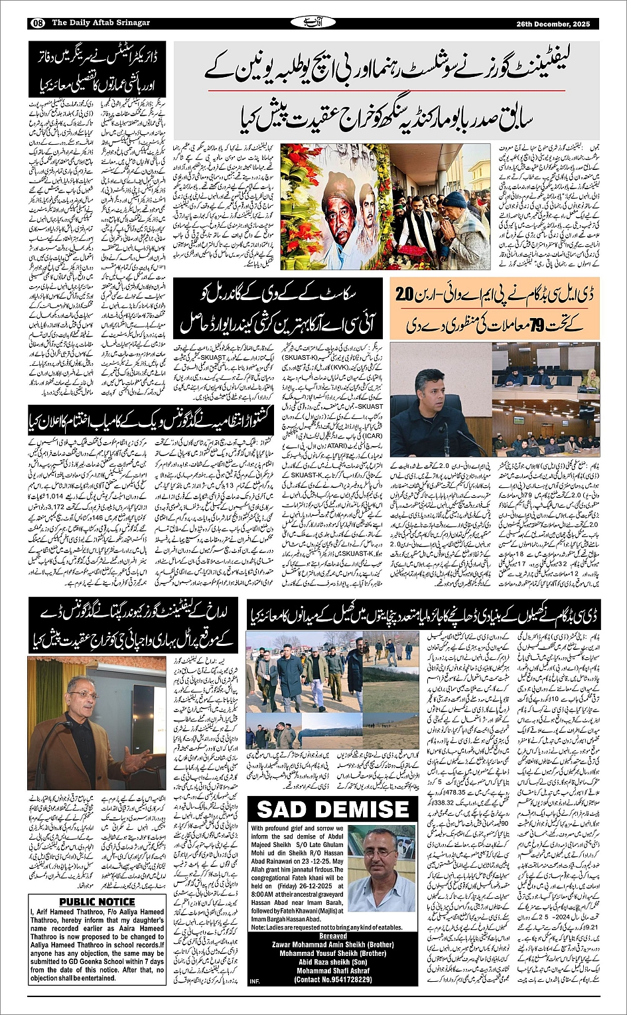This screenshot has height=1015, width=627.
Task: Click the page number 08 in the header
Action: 36,23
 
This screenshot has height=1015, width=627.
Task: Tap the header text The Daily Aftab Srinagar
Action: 101,23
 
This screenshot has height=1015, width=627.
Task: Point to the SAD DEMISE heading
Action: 332,810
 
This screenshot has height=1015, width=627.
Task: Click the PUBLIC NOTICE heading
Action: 97,901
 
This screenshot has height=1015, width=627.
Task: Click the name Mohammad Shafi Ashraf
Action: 332,971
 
